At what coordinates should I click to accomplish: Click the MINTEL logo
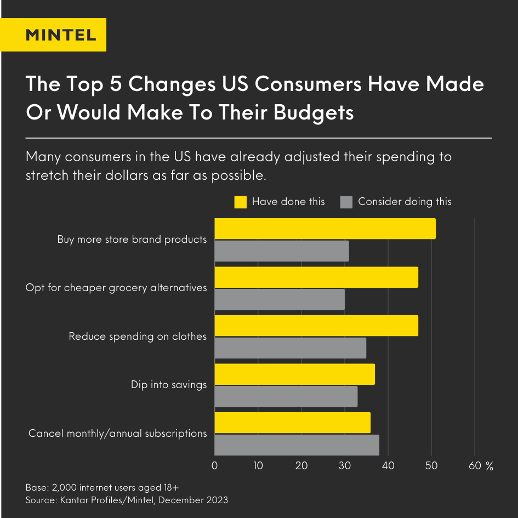pos(61,35)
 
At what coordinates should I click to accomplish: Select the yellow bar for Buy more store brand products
pos(325,229)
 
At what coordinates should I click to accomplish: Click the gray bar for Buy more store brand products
pos(281,251)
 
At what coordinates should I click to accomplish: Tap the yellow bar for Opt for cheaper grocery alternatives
pos(316,277)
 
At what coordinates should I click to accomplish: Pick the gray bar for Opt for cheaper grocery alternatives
pos(279,300)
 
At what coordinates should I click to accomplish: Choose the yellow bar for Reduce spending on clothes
pos(316,326)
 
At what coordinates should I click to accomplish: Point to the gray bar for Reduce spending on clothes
pos(290,348)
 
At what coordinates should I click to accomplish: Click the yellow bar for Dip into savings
pos(294,374)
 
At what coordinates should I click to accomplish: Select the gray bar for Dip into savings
pos(286,396)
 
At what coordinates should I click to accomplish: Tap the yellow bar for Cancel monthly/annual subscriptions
pos(292,423)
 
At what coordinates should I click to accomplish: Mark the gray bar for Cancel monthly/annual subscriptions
pos(297,445)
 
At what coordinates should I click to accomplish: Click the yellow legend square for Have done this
pos(240,202)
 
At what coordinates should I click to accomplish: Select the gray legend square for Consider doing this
pos(346,202)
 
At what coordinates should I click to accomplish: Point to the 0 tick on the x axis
pos(214,466)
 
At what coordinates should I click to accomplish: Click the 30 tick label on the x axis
pos(345,466)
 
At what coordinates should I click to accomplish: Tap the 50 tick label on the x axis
pos(431,466)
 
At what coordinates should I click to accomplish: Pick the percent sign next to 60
pos(489,466)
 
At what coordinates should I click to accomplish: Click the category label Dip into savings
pos(169,385)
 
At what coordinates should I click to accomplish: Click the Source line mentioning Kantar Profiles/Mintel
pos(127,500)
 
